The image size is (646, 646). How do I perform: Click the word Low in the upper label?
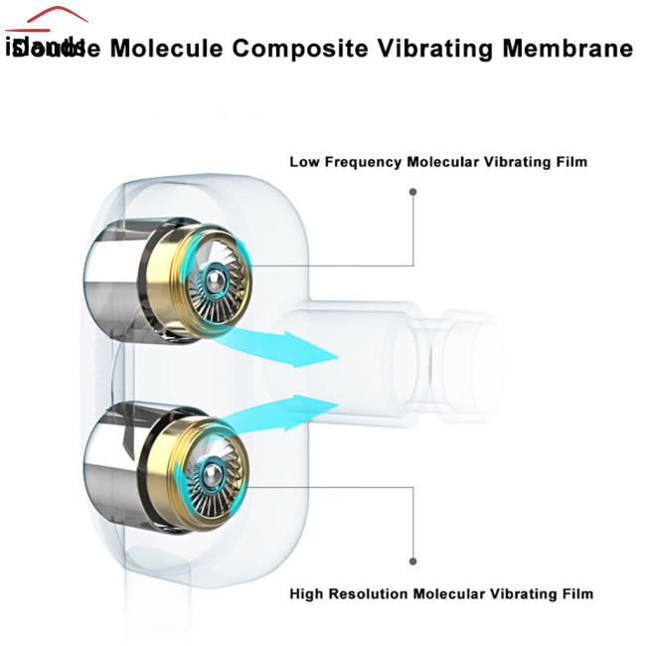click(303, 161)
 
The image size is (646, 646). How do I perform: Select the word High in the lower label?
click(307, 594)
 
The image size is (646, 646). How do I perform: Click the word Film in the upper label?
click(569, 161)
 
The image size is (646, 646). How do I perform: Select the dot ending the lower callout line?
click(413, 560)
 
